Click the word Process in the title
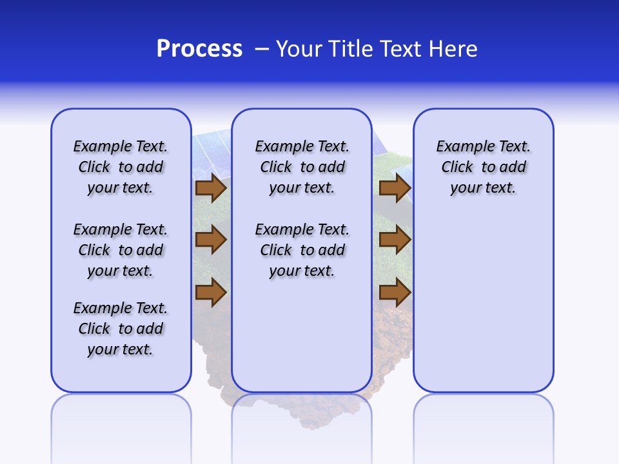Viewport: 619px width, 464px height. coord(199,49)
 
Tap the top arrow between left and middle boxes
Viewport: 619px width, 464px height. coord(211,188)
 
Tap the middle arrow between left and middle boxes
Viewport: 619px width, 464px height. coord(211,240)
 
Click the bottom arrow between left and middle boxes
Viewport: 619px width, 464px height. coord(211,293)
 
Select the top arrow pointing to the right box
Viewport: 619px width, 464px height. coord(395,188)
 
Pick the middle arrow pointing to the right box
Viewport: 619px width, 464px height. coord(395,240)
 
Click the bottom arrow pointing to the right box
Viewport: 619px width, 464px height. coord(395,293)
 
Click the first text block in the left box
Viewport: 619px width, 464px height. coord(121,167)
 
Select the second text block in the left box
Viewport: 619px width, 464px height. coord(121,250)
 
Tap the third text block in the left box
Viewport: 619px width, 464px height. coord(121,329)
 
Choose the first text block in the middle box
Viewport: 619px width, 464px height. coord(302,167)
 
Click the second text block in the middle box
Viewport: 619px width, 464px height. coord(302,250)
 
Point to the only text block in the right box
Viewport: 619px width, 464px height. coord(483,167)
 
